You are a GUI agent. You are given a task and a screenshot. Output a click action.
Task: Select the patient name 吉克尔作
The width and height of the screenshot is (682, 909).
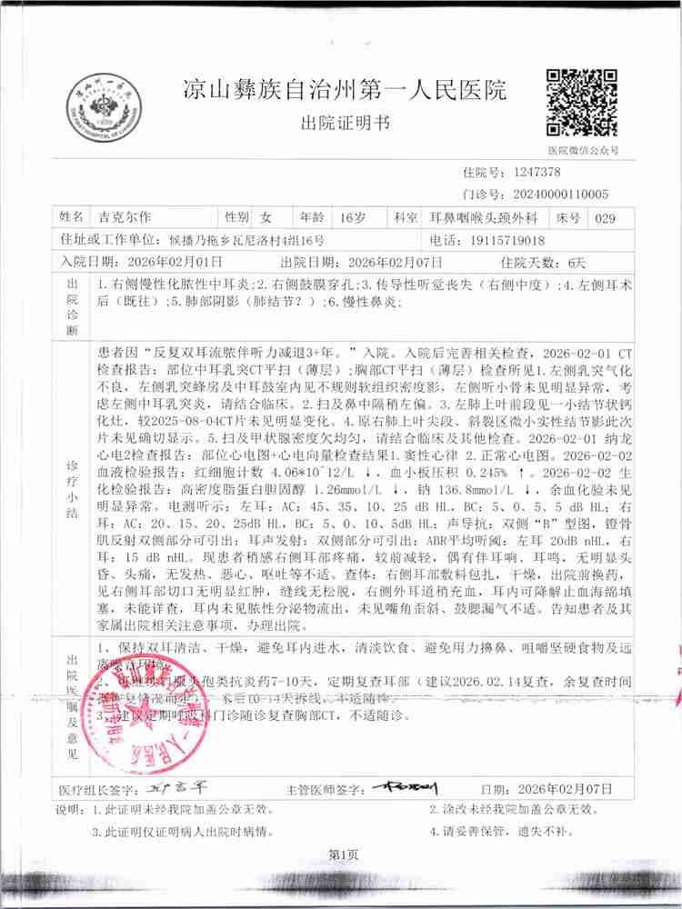click(x=126, y=218)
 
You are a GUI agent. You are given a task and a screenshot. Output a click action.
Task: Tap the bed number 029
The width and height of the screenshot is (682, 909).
click(x=604, y=218)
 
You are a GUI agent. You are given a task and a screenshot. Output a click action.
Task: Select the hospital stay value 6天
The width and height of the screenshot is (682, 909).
click(x=577, y=261)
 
